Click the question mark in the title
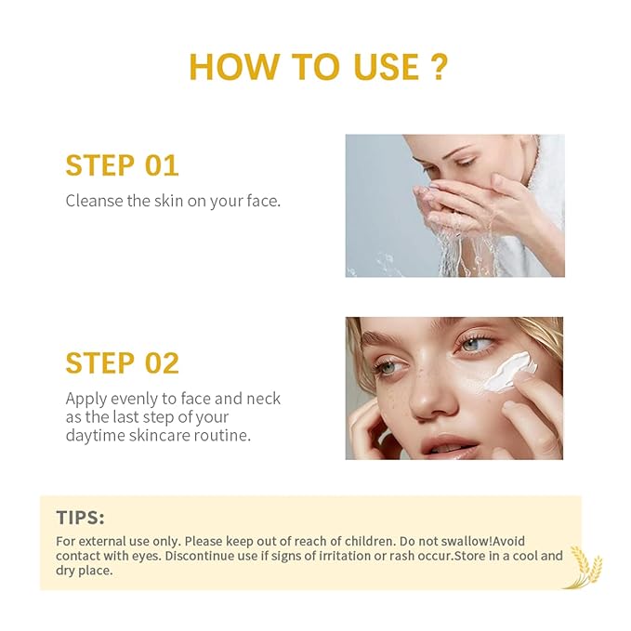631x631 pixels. [435, 66]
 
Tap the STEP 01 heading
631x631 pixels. [122, 165]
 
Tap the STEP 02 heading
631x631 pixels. [122, 362]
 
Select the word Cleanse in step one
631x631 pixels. [92, 201]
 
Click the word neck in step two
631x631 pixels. [262, 399]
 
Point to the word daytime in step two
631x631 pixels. [97, 435]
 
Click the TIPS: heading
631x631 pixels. [81, 518]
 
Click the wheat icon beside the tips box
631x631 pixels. [585, 565]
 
